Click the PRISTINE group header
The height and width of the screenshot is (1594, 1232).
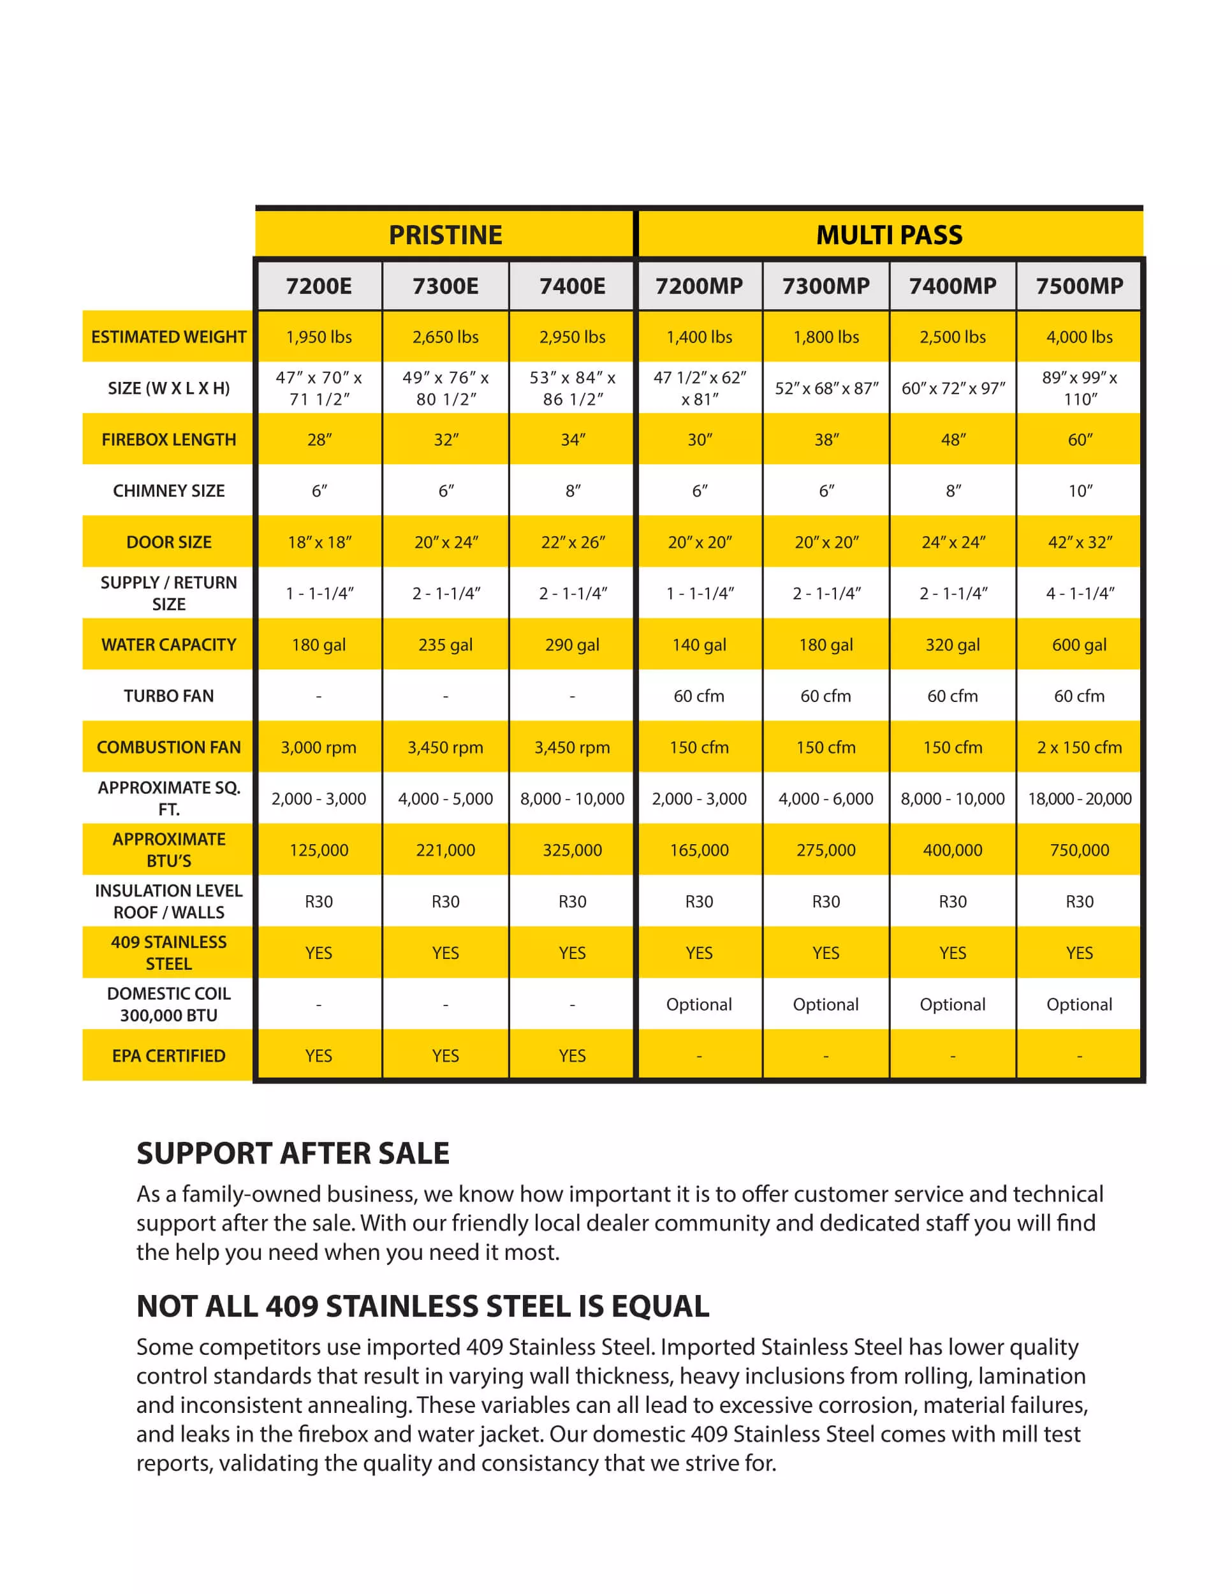tap(445, 235)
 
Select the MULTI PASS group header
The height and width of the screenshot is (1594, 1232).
tap(889, 235)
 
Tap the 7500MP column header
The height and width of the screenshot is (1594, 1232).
tap(1080, 286)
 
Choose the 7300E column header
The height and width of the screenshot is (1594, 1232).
tap(445, 286)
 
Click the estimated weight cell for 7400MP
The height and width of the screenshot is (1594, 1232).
tap(953, 337)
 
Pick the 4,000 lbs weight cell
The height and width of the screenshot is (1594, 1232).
tap(1080, 337)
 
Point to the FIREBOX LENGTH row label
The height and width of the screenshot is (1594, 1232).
tap(168, 439)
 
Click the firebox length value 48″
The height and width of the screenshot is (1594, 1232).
tap(953, 439)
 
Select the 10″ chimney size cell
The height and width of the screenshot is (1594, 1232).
tap(1080, 490)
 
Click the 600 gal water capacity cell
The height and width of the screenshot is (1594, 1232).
tap(1080, 645)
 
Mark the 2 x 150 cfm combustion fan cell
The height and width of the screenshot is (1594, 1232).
tap(1080, 747)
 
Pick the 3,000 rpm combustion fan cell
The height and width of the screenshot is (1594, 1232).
tap(319, 747)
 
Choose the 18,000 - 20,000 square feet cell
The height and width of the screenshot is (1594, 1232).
tap(1080, 798)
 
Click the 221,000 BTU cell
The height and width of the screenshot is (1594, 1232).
tap(445, 849)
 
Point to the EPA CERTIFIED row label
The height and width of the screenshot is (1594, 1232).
tap(168, 1055)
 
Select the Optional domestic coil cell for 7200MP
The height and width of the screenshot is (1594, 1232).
tap(698, 1004)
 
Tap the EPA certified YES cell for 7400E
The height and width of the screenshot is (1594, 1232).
tap(572, 1055)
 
